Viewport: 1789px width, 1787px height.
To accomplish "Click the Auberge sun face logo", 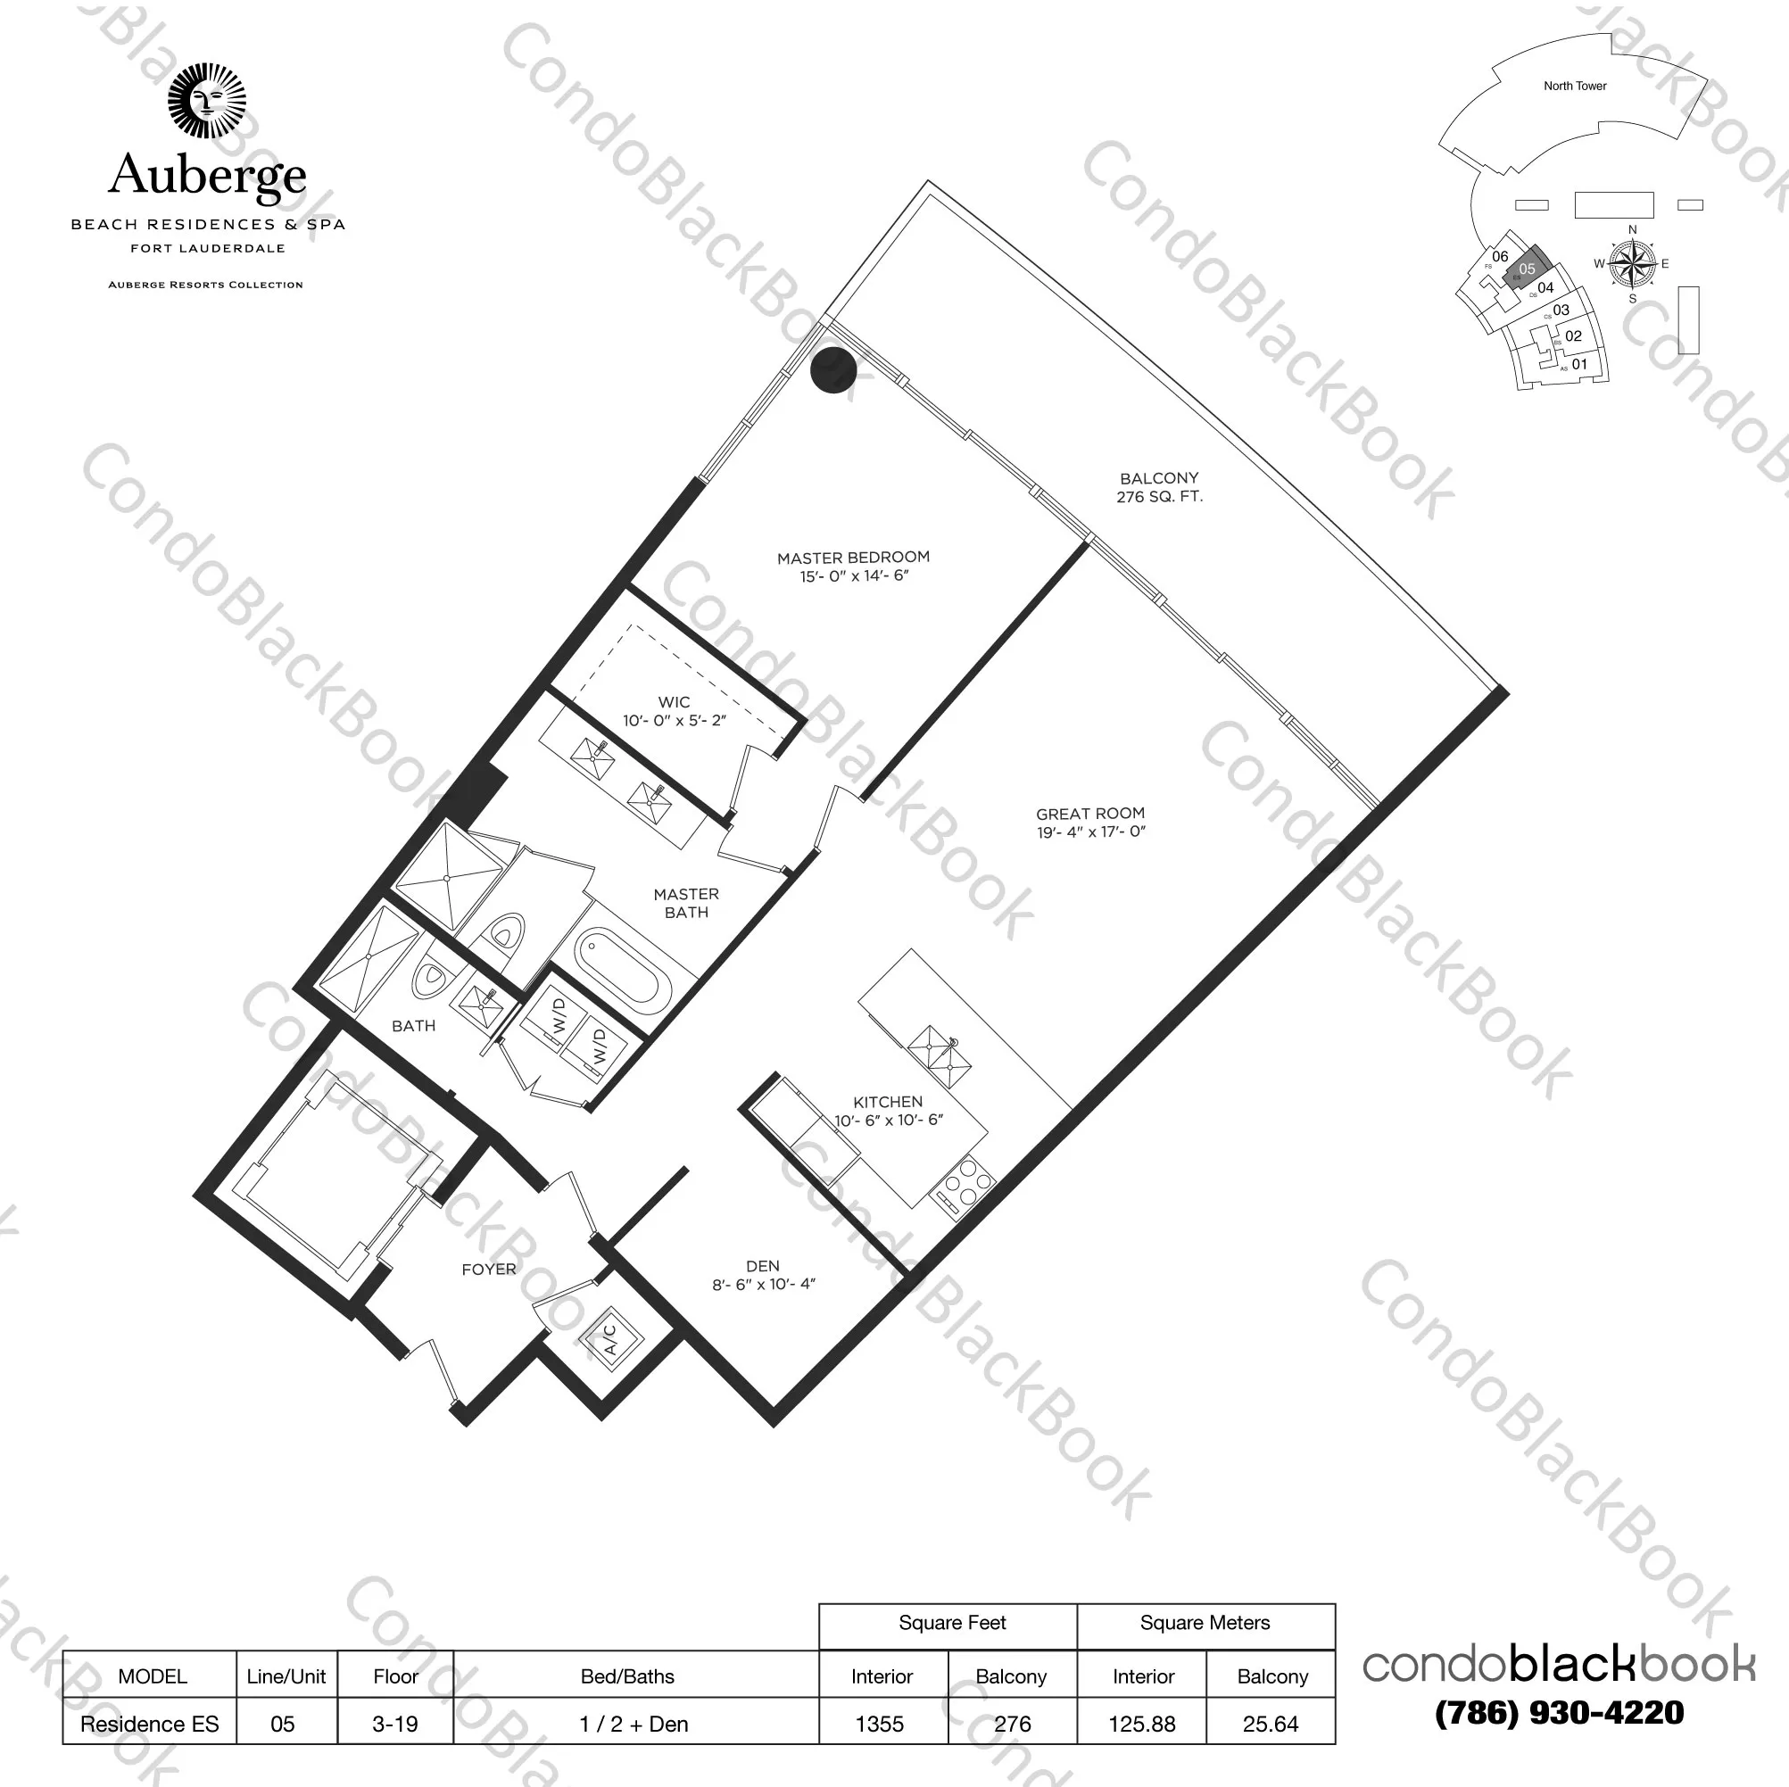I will coord(206,101).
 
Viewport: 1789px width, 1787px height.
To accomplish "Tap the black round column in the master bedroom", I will coord(832,369).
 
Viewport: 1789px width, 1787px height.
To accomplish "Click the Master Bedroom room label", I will coord(853,566).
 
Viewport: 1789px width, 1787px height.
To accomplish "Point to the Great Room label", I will coord(1089,823).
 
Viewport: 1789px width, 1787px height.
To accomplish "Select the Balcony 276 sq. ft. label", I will coord(1158,487).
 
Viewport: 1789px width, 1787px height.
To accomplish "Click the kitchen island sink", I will coord(939,1058).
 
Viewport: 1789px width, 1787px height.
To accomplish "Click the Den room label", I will coord(763,1274).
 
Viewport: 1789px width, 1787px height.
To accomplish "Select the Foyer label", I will coord(488,1270).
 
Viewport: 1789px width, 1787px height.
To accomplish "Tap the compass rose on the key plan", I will coord(1632,264).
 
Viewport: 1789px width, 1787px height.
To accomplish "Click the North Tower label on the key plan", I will coord(1574,87).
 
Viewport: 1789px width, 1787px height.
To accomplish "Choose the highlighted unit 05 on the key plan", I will coord(1526,268).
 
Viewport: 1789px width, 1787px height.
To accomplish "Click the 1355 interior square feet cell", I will coord(880,1724).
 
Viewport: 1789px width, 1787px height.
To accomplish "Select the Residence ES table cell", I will coord(149,1724).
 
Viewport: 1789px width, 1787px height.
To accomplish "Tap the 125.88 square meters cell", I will coord(1142,1724).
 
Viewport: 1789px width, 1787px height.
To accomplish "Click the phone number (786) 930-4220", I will coord(1559,1713).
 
